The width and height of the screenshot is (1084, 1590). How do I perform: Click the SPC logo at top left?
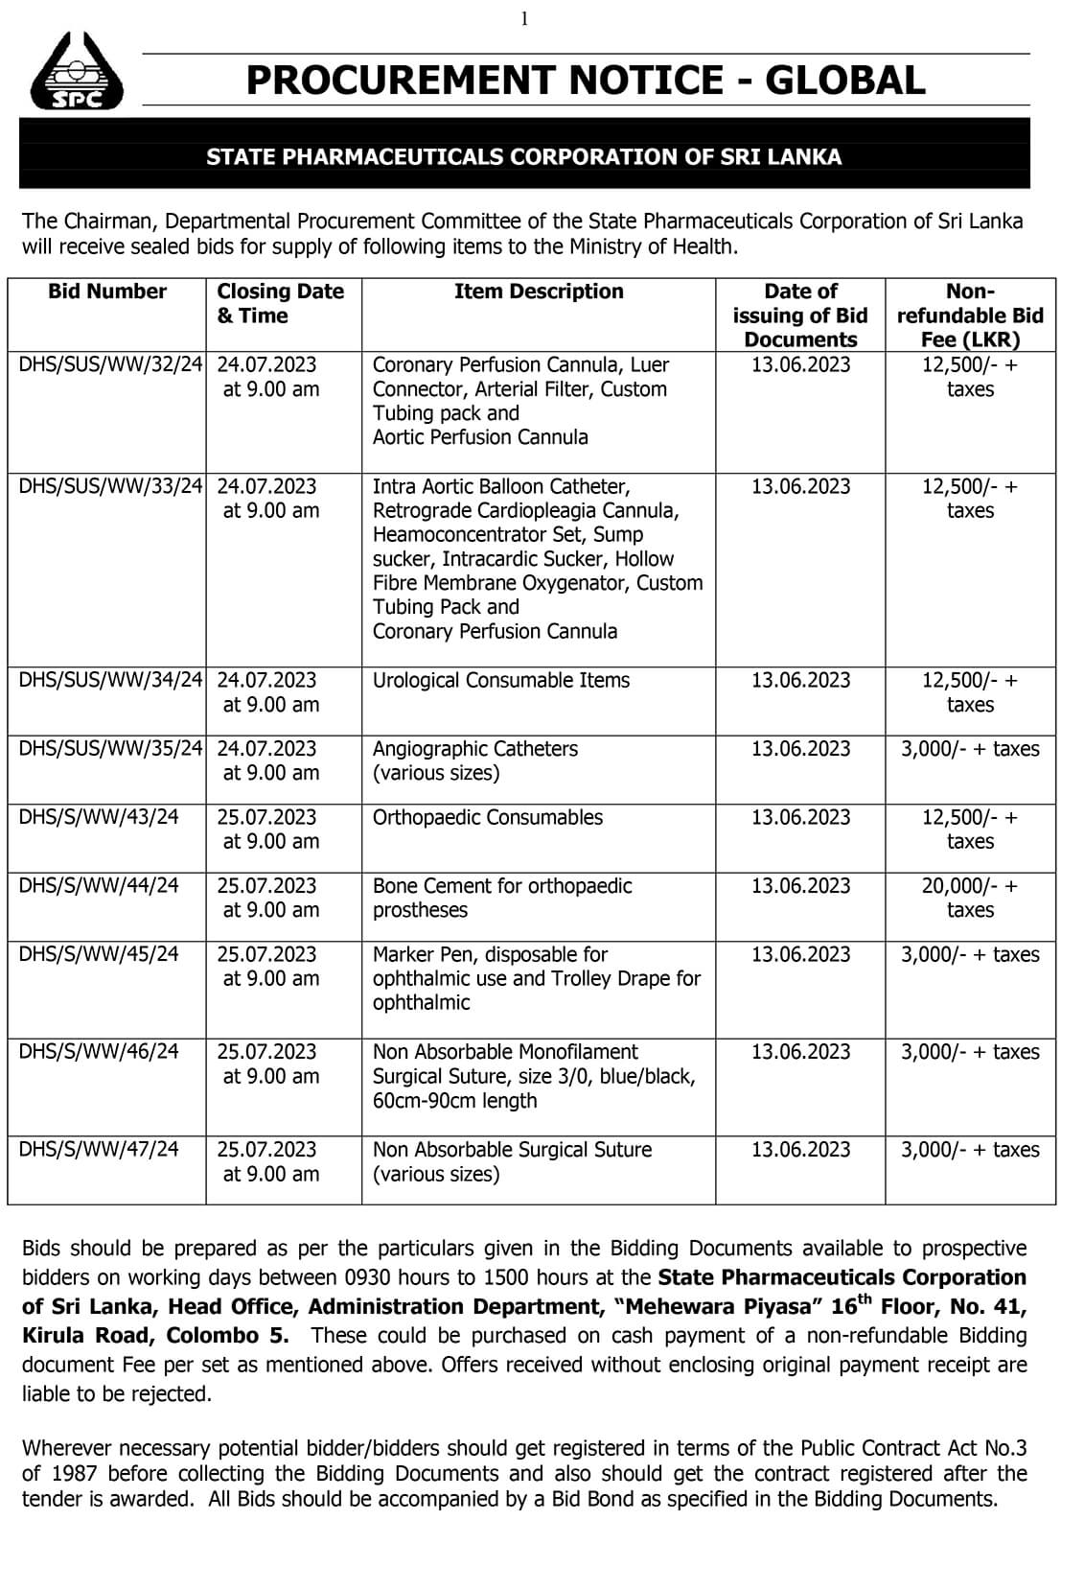(76, 72)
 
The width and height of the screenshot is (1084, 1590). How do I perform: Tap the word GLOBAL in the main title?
(844, 81)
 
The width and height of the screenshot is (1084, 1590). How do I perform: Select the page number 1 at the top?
(524, 18)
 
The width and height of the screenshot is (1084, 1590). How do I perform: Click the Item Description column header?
(538, 292)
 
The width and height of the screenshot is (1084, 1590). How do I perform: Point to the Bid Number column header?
(106, 292)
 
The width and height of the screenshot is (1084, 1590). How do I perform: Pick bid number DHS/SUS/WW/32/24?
(110, 365)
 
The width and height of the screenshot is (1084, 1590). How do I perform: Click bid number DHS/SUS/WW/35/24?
(110, 749)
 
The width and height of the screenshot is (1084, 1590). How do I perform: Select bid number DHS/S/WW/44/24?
(99, 886)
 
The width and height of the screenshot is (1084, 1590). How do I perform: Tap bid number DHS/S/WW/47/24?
(99, 1150)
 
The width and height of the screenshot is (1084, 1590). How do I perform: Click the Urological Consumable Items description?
(500, 681)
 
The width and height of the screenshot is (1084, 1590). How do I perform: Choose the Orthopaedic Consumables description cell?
(487, 818)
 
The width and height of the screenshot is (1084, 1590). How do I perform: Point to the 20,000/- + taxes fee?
(969, 898)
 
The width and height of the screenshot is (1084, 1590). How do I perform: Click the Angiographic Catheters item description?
(474, 749)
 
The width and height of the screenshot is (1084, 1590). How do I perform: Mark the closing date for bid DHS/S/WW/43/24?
(266, 818)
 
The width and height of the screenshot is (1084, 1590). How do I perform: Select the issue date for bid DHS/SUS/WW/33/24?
(800, 487)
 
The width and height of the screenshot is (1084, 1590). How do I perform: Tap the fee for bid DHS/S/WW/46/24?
(969, 1052)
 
